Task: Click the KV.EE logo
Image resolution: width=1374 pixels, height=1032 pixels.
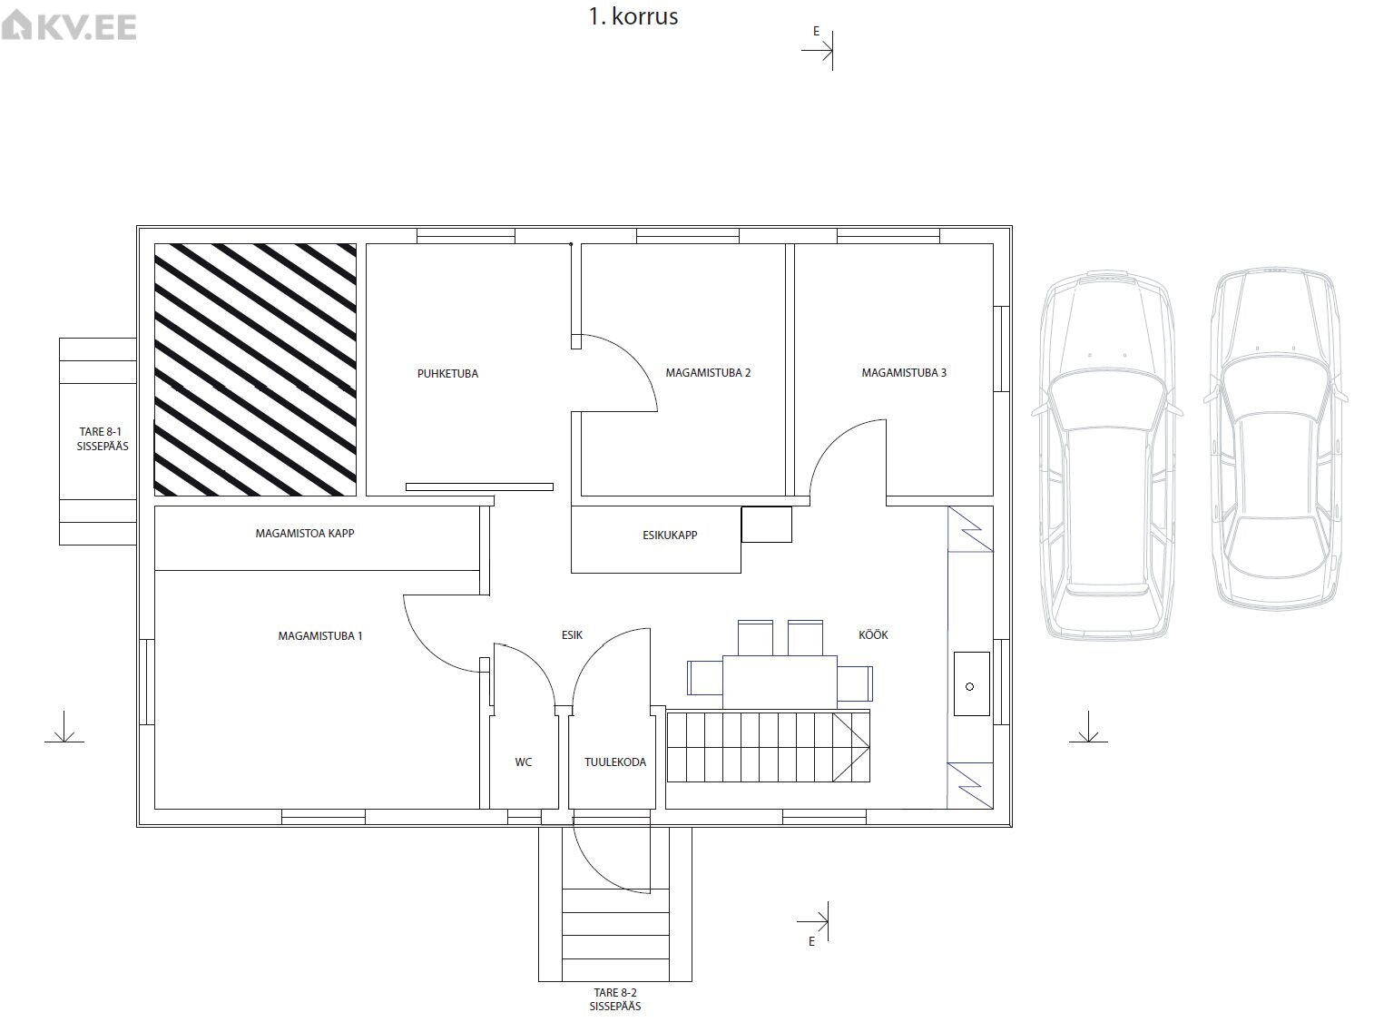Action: (69, 26)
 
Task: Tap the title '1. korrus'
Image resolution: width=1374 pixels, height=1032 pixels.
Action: (633, 17)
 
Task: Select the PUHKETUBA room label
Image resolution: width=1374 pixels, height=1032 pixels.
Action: (447, 374)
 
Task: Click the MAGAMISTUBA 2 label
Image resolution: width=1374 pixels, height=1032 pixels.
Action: (708, 373)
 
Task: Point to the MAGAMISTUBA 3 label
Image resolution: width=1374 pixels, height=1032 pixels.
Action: (904, 373)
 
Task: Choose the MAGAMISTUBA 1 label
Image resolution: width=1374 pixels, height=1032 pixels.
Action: (319, 636)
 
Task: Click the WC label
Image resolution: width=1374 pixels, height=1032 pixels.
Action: (524, 762)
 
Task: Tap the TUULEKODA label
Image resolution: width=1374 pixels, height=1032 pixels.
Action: (614, 762)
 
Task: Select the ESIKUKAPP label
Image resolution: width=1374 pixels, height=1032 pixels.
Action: (670, 536)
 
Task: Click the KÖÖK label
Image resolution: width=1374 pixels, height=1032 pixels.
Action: (873, 634)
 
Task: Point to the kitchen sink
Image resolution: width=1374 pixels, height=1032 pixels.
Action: (971, 684)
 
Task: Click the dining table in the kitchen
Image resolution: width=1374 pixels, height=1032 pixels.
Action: (780, 683)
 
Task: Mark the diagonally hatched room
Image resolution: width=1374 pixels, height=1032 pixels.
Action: (255, 369)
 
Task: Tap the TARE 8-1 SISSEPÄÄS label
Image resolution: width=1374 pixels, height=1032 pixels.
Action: (102, 438)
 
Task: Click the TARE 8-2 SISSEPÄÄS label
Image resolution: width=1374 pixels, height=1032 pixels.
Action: (615, 999)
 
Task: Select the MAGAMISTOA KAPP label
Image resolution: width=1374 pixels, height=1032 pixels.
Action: (305, 533)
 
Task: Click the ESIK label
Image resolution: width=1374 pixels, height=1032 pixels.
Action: (572, 635)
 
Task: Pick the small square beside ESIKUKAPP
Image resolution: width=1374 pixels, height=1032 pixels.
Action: (767, 525)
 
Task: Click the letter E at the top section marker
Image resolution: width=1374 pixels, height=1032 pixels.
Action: (816, 31)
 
